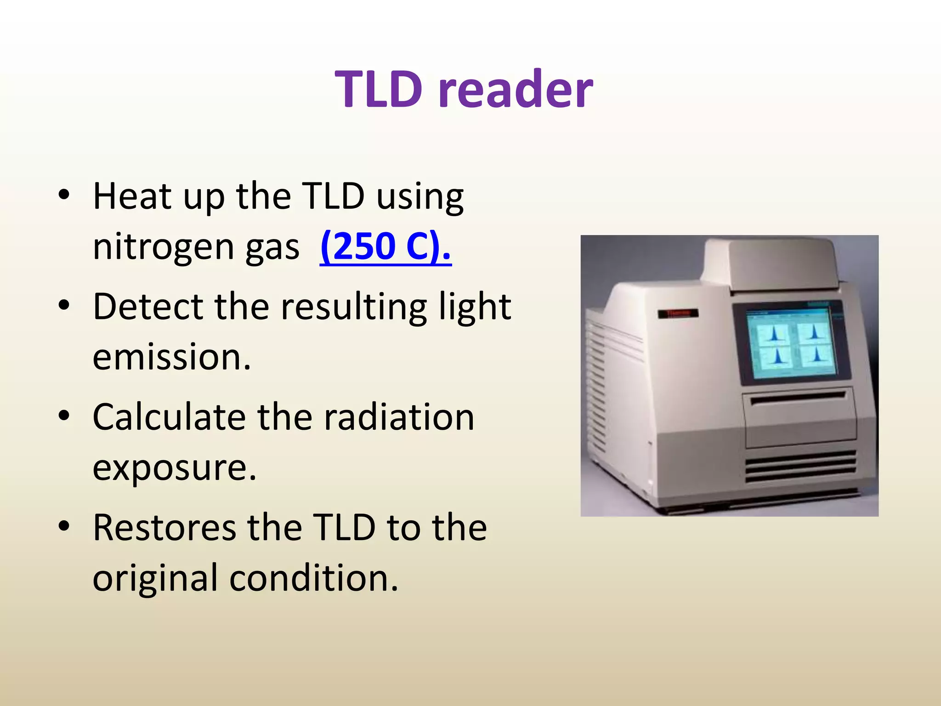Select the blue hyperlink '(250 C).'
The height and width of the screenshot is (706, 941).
click(385, 246)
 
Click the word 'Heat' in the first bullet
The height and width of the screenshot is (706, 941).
click(132, 197)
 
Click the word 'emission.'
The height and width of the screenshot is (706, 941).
click(172, 358)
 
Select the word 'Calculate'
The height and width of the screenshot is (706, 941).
click(169, 417)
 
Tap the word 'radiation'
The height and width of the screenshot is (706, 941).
click(399, 417)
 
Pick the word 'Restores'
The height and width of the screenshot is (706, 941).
click(164, 528)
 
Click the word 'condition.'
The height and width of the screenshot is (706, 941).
click(313, 578)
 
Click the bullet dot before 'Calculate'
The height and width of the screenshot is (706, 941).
click(64, 416)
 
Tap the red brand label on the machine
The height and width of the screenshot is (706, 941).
click(677, 313)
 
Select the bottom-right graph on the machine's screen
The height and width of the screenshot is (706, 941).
click(816, 355)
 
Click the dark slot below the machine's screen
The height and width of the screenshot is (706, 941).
click(798, 398)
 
